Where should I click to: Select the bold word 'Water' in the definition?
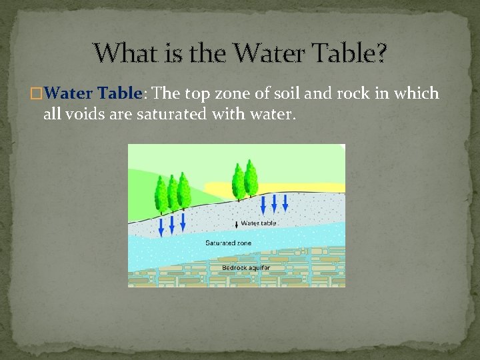coord(73,93)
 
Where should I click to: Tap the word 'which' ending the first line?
coord(417,93)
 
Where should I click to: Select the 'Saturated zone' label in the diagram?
coord(228,243)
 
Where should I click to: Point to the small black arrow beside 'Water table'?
coord(235,224)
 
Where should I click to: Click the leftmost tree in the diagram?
coord(161,193)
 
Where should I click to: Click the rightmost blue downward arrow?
coord(285,203)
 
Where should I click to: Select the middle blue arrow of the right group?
coord(274,204)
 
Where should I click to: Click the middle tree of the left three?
coord(173,193)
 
